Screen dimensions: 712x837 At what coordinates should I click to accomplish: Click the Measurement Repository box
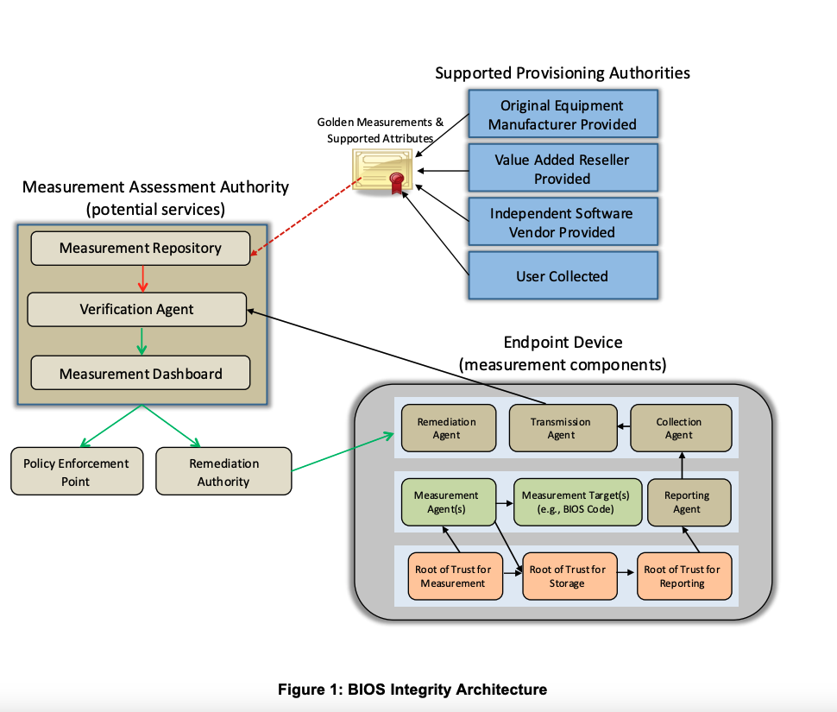141,249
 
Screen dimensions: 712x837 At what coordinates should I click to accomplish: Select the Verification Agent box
137,309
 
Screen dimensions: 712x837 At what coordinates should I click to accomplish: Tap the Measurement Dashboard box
141,374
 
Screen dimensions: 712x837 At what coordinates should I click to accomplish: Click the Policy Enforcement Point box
77,471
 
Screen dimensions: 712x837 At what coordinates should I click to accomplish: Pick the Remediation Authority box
223,471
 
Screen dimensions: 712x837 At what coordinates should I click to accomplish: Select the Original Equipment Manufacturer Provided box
563,115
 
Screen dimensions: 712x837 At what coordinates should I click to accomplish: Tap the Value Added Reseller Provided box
563,169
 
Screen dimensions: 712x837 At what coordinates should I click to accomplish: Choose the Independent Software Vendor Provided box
563,223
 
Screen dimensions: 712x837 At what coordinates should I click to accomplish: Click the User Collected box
563,276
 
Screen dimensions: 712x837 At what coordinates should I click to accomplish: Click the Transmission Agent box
561,428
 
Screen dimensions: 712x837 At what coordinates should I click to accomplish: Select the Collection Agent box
680,428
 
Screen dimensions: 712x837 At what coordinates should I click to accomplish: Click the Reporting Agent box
687,502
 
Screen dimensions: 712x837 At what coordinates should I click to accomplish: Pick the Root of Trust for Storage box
568,577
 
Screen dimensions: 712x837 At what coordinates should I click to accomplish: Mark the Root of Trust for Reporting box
682,577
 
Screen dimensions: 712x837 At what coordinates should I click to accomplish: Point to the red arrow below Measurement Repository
143,278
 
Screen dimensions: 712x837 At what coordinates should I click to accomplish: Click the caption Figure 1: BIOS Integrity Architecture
412,690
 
